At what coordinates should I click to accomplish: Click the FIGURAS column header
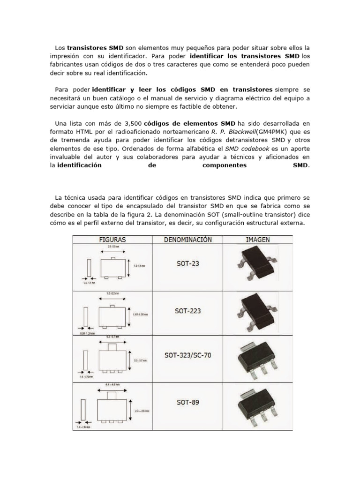112,240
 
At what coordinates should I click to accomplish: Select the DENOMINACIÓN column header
188,240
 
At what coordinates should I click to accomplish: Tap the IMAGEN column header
258,240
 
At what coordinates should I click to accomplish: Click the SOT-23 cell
188,263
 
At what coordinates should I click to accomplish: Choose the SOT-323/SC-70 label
188,355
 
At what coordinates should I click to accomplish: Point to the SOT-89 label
188,402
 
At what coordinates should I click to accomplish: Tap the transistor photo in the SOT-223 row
257,312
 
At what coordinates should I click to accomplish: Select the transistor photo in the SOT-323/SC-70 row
257,357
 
